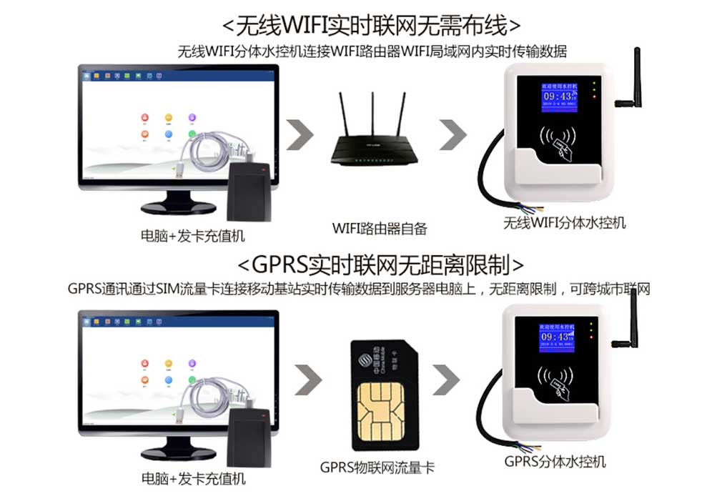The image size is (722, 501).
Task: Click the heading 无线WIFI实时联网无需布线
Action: click(371, 26)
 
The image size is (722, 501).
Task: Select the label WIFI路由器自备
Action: click(379, 229)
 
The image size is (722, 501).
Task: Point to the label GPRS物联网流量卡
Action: click(377, 468)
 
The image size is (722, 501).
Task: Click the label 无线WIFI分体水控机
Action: click(564, 223)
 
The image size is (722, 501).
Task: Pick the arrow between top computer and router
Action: click(302, 135)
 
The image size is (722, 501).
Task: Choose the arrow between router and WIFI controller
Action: click(452, 135)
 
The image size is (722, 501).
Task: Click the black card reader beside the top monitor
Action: click(250, 192)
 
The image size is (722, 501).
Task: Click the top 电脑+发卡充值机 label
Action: click(193, 235)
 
